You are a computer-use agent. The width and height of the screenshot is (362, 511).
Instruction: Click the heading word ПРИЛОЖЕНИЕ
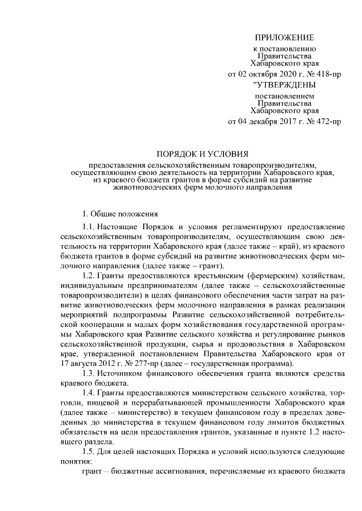(283, 38)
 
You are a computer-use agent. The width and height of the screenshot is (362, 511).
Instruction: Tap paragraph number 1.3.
(90, 373)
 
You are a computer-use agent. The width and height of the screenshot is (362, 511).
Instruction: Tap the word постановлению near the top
(288, 49)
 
